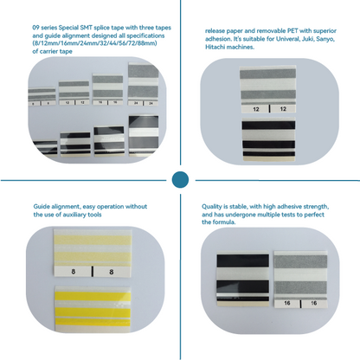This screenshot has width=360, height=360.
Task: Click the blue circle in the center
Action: pyautogui.click(x=180, y=180)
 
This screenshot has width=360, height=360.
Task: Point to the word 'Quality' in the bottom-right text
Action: pyautogui.click(x=214, y=208)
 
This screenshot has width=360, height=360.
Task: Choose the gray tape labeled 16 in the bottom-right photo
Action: pyautogui.click(x=299, y=277)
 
